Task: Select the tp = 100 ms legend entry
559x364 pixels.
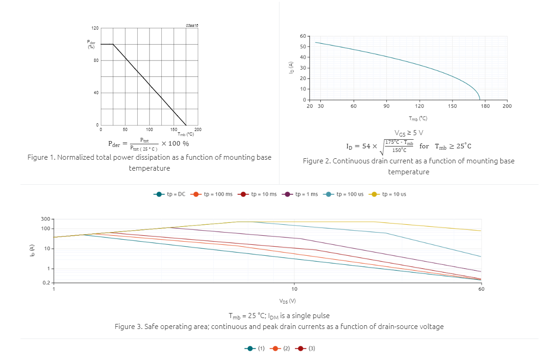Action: coord(213,194)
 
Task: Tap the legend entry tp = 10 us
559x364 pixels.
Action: coord(389,194)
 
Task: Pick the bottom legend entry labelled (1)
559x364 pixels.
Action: coord(255,349)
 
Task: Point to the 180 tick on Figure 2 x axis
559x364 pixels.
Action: coord(485,106)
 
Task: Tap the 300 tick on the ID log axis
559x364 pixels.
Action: coord(45,219)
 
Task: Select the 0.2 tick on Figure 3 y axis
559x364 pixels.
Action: coord(46,283)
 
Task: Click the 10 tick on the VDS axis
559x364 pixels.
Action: coord(294,289)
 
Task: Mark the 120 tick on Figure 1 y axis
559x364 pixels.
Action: coord(95,28)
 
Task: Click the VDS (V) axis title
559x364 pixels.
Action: coord(288,301)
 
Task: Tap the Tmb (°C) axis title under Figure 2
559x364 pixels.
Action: coord(418,119)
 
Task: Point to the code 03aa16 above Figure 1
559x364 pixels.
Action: coord(192,25)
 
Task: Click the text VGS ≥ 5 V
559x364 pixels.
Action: coord(409,133)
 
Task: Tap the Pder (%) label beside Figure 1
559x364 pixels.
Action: coord(91,45)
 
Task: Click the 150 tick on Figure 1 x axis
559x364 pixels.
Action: coord(173,130)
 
